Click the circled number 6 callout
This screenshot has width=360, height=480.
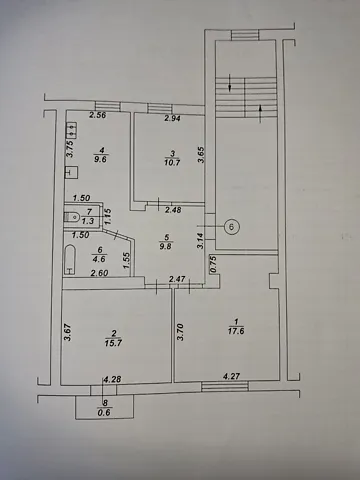(232, 227)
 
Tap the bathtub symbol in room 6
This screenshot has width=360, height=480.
(70, 260)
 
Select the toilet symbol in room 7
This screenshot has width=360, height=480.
(71, 216)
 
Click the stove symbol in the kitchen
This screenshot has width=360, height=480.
(72, 130)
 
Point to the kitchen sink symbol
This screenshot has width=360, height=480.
(72, 172)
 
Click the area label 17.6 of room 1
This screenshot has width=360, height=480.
(236, 331)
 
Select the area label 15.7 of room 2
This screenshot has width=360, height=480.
(113, 343)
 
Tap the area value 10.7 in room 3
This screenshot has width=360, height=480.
(172, 163)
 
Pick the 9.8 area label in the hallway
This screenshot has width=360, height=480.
(166, 246)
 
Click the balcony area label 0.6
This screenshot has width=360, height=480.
(105, 413)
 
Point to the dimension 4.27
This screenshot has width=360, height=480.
(231, 376)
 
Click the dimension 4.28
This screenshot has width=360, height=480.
(112, 379)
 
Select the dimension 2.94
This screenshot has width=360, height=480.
(173, 118)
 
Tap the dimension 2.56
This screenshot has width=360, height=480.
(97, 115)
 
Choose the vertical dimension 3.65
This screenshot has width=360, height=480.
(201, 155)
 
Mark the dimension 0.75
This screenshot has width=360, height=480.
(213, 264)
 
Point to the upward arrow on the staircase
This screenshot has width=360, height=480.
(260, 113)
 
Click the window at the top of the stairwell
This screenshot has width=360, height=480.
(245, 35)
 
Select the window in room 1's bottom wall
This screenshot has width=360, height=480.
(225, 386)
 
